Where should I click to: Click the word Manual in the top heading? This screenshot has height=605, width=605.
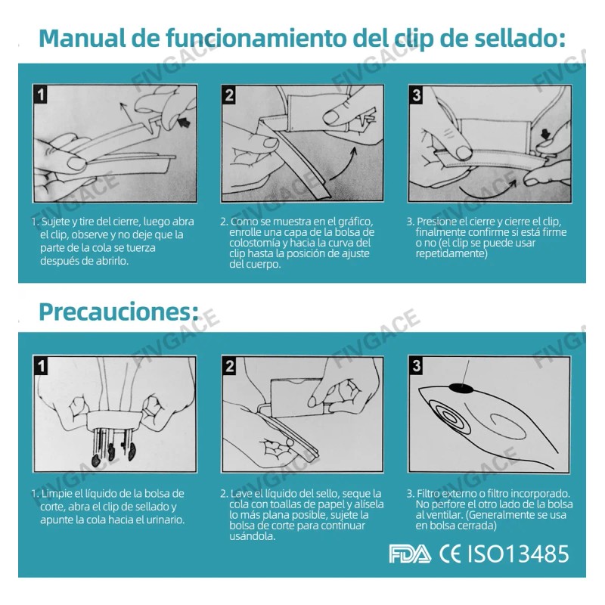[82, 39]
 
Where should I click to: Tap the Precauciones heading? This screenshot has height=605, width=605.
[119, 312]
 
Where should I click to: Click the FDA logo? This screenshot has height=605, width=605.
[410, 554]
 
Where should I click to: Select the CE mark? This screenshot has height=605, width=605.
[450, 554]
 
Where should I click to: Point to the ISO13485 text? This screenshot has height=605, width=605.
[518, 554]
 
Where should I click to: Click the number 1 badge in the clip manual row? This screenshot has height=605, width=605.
[41, 95]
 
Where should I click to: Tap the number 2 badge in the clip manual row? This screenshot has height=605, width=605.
[229, 95]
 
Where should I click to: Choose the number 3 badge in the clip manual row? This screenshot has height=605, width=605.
[417, 95]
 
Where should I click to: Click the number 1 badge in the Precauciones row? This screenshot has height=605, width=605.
[41, 366]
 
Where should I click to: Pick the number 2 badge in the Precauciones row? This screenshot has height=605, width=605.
[229, 366]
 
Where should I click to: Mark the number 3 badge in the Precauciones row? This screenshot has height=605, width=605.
[417, 366]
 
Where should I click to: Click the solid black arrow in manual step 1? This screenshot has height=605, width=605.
[185, 123]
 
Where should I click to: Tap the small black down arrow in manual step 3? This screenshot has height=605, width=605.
[545, 135]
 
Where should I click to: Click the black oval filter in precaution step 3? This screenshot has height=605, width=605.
[461, 388]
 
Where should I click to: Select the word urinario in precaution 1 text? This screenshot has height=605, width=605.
[166, 520]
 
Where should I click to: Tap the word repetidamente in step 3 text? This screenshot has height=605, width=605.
[451, 253]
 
